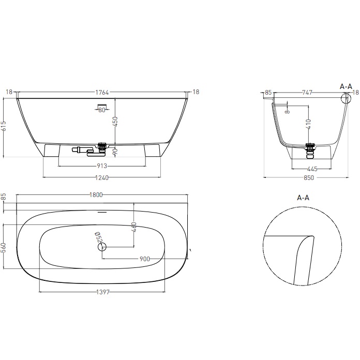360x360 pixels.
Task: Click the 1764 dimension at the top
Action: point(102,93)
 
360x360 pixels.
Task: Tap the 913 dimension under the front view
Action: point(102,166)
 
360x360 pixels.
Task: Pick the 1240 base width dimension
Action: point(102,177)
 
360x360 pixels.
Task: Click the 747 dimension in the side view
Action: point(307,93)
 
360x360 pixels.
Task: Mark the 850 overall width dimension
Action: point(309,177)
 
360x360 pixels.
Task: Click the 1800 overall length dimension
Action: point(97,195)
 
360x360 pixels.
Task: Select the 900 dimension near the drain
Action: point(144,259)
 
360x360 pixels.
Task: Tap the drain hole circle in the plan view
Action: point(101,247)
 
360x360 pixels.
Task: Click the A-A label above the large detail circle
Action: point(303,198)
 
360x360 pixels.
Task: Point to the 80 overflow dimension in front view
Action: point(101,109)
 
